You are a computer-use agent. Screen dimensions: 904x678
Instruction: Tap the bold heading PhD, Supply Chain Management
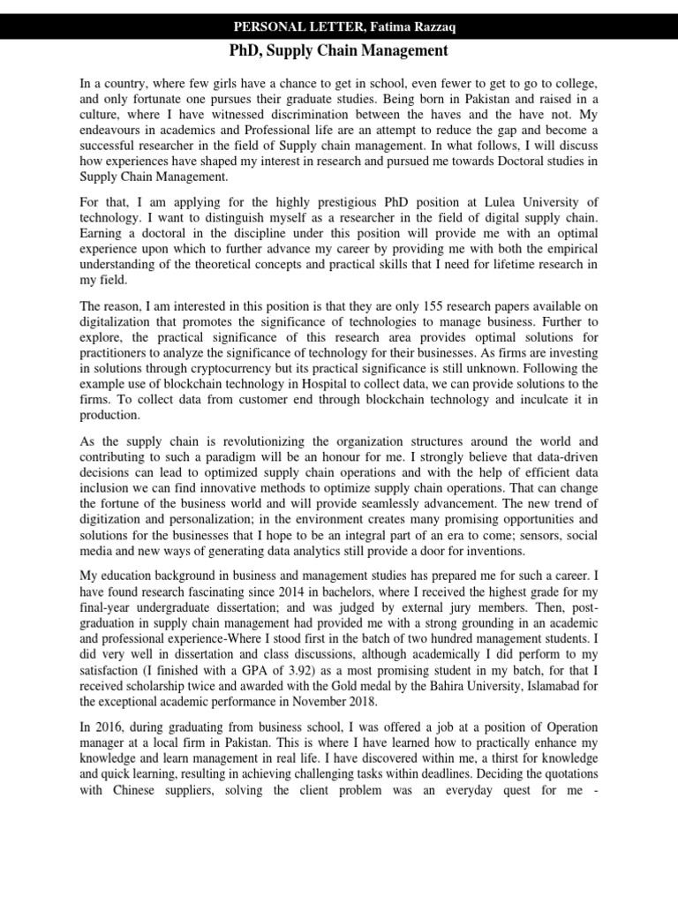point(338,51)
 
